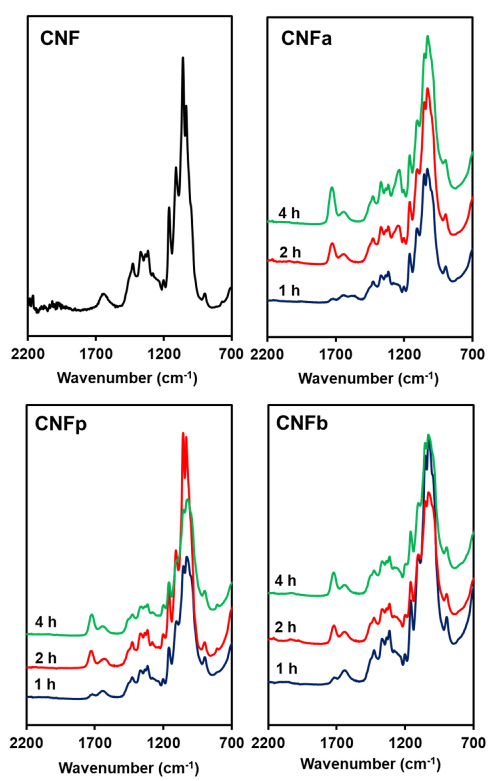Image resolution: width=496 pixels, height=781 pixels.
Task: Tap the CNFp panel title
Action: [61, 424]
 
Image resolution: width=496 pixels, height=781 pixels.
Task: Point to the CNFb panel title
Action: [302, 424]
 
